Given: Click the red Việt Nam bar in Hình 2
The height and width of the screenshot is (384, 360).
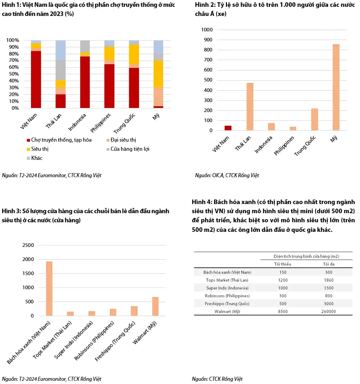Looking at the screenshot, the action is (228, 128).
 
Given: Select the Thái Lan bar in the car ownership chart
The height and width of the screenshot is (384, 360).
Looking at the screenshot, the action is (250, 107).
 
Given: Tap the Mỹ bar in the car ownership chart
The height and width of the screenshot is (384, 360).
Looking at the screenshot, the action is (336, 87).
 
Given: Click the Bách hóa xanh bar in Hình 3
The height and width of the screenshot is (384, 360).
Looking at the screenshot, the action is (49, 288).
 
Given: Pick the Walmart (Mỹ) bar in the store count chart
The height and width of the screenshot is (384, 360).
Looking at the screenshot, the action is (155, 307).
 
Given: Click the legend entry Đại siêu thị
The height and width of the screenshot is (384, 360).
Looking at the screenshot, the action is (121, 140).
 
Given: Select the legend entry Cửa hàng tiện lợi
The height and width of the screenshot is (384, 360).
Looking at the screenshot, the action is (128, 149).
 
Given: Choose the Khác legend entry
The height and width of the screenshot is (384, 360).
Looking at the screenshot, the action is (35, 158).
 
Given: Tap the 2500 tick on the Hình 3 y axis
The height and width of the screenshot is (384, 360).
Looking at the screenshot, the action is (28, 245).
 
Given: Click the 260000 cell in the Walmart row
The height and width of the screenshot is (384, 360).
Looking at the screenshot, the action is (329, 312).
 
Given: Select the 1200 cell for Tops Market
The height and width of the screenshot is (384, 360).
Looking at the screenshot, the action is (283, 280).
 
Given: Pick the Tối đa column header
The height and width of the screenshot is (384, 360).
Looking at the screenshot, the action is (329, 264).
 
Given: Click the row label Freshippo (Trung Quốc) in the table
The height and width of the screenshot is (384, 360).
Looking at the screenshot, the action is (227, 304).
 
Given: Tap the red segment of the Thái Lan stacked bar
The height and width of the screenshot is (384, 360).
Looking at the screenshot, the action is (61, 101).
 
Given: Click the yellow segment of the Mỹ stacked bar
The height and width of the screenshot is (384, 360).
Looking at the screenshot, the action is (158, 74).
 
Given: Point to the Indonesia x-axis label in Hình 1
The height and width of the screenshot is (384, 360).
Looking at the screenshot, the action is (77, 122).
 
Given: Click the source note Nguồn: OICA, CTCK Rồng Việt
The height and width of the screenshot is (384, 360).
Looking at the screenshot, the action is (227, 175).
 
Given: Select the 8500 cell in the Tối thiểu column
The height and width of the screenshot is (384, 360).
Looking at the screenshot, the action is (283, 312).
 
